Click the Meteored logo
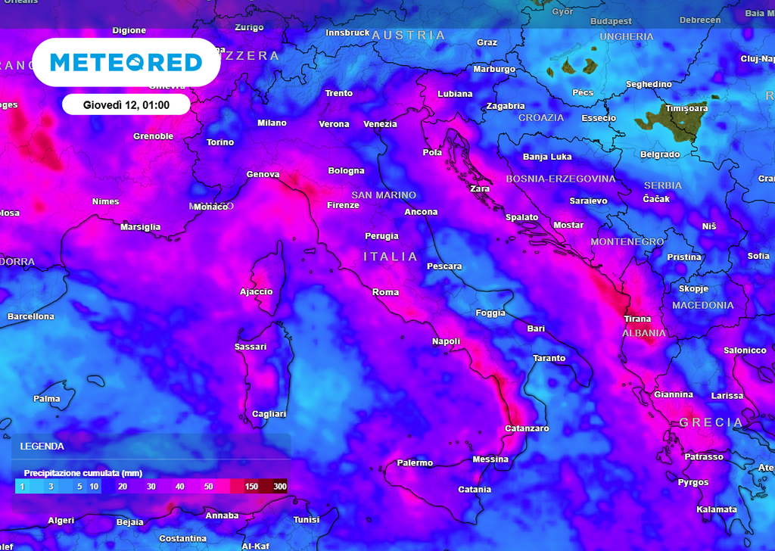(x=126, y=62)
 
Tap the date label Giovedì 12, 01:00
(x=126, y=104)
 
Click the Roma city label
(x=385, y=292)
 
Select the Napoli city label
(x=446, y=341)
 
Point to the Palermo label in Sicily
(x=415, y=462)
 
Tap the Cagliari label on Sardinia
(x=269, y=414)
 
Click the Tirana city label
(x=637, y=319)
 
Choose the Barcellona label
(x=31, y=316)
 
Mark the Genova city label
(x=263, y=174)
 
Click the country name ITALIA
(x=391, y=257)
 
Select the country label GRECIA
(x=711, y=422)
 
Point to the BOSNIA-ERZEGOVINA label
(x=560, y=179)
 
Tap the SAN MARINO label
(x=384, y=195)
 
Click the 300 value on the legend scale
(x=280, y=486)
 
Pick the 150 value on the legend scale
(x=251, y=486)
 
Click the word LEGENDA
(x=42, y=447)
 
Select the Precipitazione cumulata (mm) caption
(x=83, y=472)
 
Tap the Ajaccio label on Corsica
(x=256, y=291)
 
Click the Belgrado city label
(x=660, y=154)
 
